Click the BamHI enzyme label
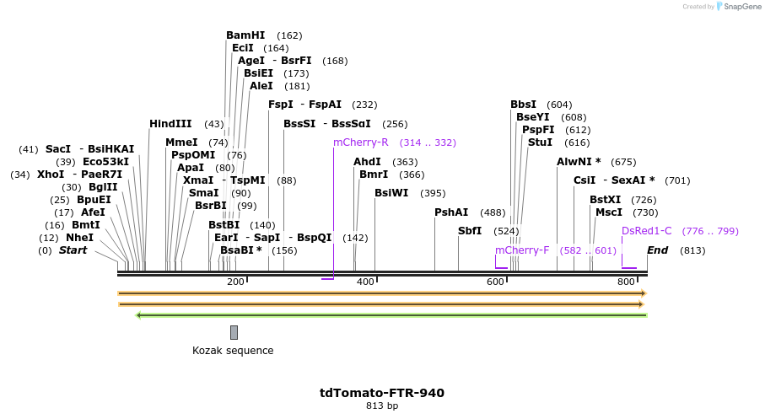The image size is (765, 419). coord(245,35)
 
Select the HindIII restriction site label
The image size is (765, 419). coord(170,124)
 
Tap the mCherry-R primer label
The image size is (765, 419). coord(360,142)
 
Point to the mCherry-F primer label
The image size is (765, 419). coord(522,250)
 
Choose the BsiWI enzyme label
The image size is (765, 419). coord(391,193)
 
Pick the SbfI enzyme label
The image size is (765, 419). coord(470,231)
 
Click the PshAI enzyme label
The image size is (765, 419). coord(451,212)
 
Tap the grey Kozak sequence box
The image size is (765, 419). coord(234,332)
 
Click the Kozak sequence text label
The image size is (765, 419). coord(233,351)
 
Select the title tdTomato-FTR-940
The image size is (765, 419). coord(382,393)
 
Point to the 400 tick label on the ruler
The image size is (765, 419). coord(365,282)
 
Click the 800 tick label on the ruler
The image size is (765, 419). coord(627,282)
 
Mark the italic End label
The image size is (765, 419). coord(658,250)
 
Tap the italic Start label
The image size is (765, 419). coord(73,250)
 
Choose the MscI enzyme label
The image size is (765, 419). coord(609,212)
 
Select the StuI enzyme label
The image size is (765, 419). coord(540,142)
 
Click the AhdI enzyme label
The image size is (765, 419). coord(367,162)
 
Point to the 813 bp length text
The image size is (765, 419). coord(382,406)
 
